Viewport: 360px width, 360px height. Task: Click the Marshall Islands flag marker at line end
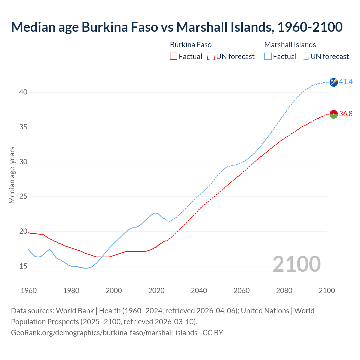334,82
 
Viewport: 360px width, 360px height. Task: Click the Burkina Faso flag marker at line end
334,114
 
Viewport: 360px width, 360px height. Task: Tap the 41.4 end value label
346,82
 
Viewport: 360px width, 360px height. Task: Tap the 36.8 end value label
346,114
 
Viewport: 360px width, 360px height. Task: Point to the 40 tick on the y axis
23,92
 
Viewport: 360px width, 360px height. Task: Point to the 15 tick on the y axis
23,266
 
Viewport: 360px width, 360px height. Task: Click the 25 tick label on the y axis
23,197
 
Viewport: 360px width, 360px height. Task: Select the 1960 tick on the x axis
29,291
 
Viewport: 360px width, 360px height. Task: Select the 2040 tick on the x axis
199,291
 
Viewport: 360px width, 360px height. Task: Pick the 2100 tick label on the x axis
327,291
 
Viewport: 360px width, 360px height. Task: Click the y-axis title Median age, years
12,175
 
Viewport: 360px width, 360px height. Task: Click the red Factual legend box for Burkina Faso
174,57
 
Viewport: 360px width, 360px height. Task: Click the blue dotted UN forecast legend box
305,57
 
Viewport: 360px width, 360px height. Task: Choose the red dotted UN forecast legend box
211,57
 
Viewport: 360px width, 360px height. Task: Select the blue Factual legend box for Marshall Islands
268,57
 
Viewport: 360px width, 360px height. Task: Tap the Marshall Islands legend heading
290,45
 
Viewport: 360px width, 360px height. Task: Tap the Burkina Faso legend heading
191,45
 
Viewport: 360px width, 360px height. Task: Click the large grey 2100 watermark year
296,264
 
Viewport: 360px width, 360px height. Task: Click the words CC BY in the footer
213,333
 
